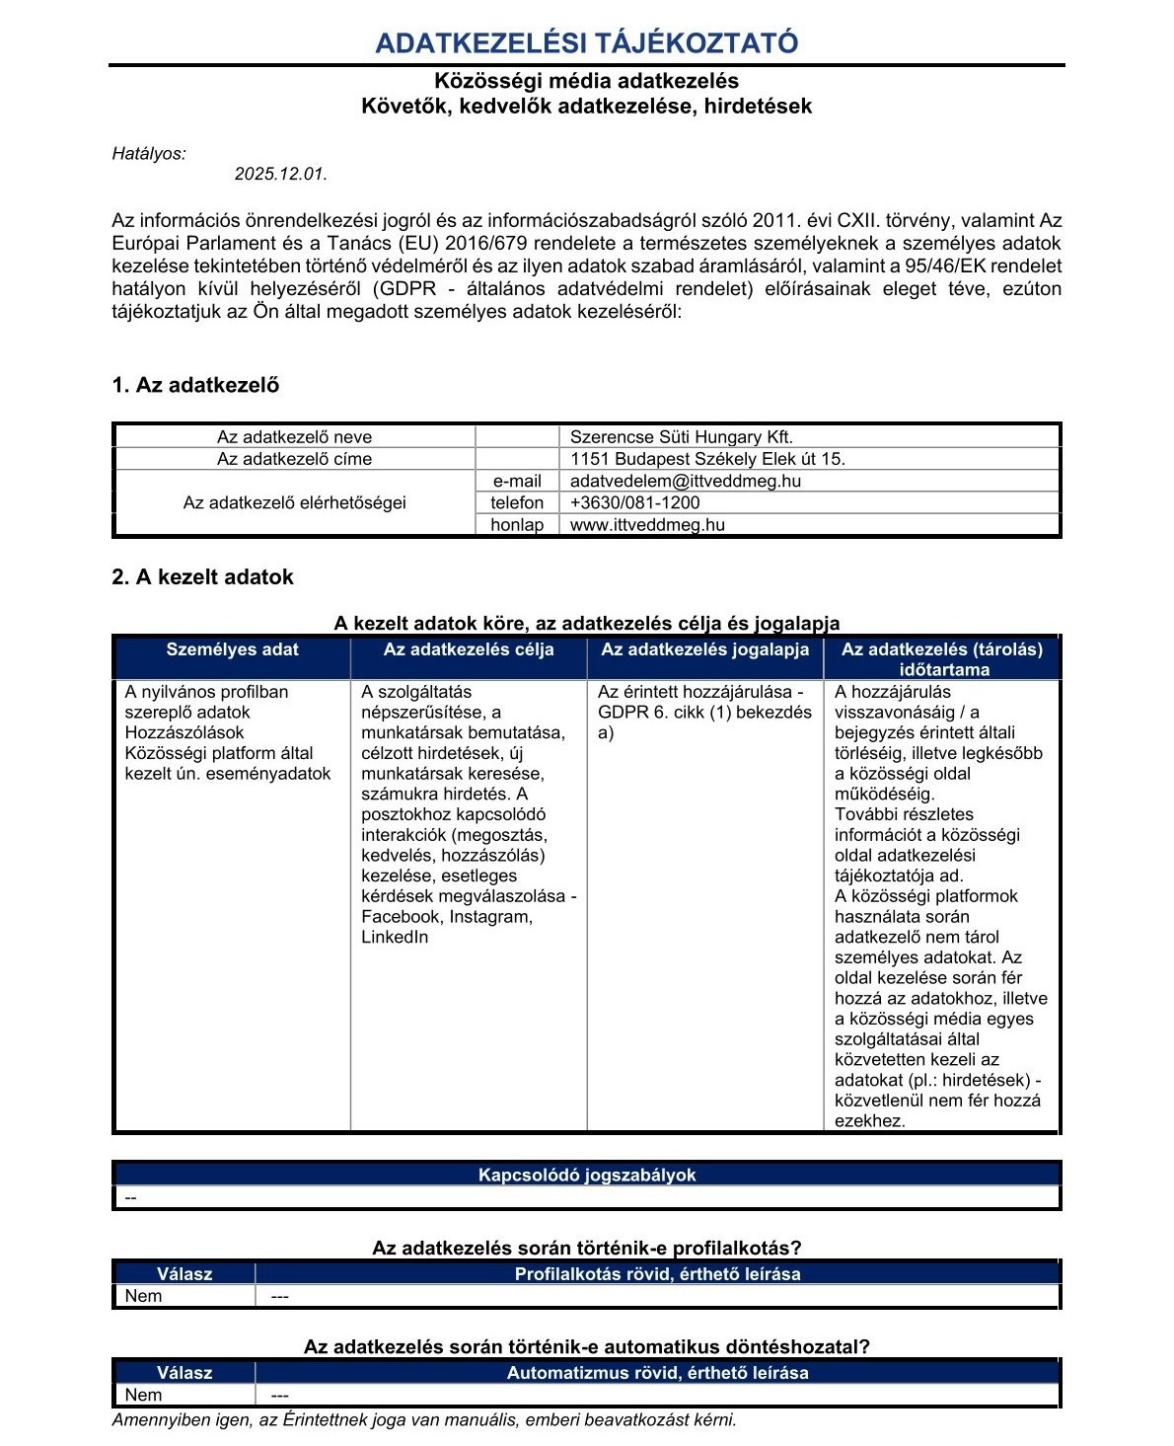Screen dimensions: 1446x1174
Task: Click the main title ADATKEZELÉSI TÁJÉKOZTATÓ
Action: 586,43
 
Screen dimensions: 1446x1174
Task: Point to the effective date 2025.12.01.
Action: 280,175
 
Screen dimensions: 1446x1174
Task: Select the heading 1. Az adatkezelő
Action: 195,386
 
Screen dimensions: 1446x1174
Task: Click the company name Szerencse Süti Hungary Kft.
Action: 682,437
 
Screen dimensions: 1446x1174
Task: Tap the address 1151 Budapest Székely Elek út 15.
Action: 707,459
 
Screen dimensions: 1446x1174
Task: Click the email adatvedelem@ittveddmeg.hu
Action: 686,482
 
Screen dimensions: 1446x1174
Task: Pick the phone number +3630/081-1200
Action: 635,502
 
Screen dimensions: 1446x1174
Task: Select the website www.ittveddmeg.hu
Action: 647,525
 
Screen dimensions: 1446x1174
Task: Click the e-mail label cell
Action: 517,482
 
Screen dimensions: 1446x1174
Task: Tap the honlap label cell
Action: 517,525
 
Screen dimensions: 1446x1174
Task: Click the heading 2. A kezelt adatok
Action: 202,577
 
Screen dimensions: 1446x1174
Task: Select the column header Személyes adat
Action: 232,649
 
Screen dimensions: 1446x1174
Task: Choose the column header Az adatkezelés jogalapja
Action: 704,649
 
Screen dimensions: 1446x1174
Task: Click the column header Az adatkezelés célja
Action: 469,649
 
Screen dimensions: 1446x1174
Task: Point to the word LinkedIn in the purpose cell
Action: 395,938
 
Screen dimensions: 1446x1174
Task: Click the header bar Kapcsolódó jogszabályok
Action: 587,1176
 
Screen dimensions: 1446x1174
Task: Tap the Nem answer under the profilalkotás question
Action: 143,1297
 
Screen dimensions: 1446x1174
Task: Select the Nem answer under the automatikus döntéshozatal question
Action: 143,1396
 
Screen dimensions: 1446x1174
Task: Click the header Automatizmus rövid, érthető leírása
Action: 657,1373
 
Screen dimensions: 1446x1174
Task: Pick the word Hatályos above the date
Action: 149,154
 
